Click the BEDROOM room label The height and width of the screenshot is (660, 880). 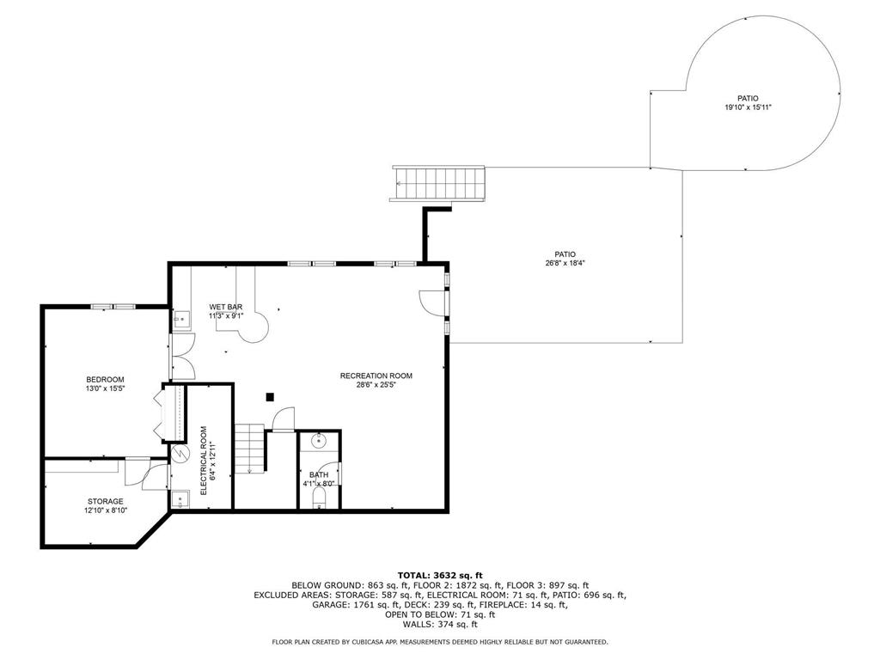(105, 379)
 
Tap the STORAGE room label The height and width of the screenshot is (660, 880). (105, 501)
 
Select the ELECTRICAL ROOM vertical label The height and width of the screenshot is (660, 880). (203, 461)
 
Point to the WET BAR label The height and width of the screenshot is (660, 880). (226, 307)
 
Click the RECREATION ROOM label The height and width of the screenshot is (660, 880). (376, 376)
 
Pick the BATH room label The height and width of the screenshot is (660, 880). (319, 474)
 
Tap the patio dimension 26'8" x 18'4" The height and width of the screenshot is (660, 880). (565, 263)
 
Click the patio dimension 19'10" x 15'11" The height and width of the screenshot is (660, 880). (748, 107)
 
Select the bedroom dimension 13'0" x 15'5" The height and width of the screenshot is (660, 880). (105, 388)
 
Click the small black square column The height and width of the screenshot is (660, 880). (270, 397)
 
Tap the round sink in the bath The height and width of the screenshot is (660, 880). (319, 441)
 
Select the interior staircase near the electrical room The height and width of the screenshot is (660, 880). (249, 449)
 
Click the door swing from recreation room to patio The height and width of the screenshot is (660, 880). (431, 302)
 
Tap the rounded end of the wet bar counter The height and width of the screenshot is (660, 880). (254, 328)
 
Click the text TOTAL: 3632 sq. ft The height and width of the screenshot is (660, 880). (440, 575)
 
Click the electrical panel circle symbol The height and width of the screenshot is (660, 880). (180, 452)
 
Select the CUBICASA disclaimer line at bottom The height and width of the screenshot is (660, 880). (440, 641)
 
